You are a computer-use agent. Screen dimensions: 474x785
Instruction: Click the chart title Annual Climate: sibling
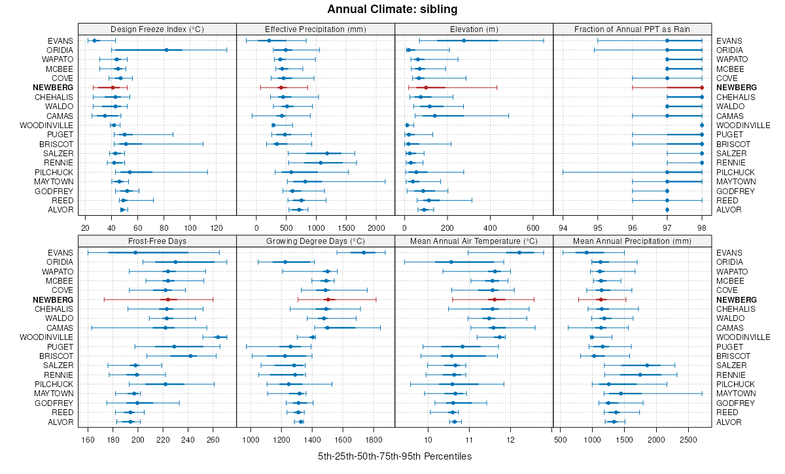(392, 9)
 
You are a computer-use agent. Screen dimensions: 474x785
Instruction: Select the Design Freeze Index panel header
(157, 29)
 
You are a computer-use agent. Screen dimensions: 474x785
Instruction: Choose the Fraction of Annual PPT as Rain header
(632, 29)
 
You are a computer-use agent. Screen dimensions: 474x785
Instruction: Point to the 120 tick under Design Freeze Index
(217, 228)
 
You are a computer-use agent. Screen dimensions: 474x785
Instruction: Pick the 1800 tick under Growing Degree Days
(374, 439)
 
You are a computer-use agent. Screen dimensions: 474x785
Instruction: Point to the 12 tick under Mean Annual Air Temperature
(510, 439)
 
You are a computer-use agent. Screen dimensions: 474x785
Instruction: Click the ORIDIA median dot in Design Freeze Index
(166, 50)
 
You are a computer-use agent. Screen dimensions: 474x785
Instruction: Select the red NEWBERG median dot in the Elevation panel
(426, 88)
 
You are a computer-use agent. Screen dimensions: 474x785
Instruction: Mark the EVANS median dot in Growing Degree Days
(364, 252)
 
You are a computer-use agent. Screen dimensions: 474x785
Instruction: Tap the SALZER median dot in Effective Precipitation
(327, 154)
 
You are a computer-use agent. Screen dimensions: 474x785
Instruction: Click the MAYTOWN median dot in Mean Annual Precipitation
(621, 394)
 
